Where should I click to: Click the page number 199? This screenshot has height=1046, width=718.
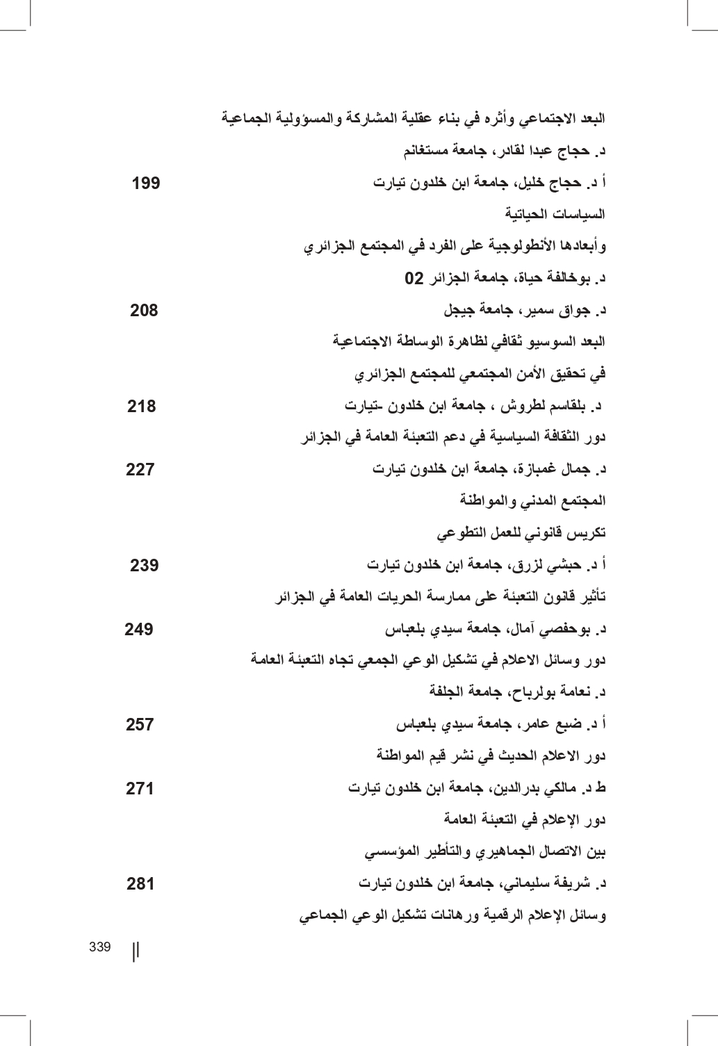coord(146,183)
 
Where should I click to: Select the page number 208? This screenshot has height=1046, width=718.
coord(144,311)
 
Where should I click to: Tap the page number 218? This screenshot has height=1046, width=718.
coord(142,406)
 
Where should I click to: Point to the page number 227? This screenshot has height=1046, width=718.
coord(140,470)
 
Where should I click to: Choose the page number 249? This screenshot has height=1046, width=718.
coord(139,630)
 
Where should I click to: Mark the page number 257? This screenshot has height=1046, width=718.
coord(140,725)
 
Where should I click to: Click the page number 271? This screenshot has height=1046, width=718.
coord(140,789)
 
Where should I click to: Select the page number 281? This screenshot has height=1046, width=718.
coord(140,884)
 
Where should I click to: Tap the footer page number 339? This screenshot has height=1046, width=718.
coord(100,947)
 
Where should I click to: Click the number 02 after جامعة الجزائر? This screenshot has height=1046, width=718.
coord(414,279)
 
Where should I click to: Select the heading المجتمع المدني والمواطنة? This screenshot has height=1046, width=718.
coord(532,500)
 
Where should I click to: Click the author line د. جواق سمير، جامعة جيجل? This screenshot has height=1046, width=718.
coord(524,311)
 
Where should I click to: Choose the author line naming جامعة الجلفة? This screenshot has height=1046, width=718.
coord(517,692)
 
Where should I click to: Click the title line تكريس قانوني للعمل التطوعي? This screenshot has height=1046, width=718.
coord(521,534)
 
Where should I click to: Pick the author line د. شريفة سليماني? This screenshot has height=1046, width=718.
coord(482,884)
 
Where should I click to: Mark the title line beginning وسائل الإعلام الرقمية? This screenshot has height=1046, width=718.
coord(452,916)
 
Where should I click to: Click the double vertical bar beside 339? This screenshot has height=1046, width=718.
coord(136,950)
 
